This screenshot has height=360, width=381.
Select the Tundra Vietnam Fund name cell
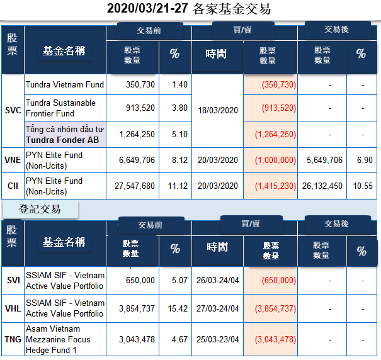coord(65,84)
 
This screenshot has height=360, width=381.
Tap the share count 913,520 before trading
coord(137,108)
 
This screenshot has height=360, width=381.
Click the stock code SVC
coord(13,110)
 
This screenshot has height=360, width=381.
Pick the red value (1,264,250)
coord(275,134)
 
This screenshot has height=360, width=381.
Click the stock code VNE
coord(13,160)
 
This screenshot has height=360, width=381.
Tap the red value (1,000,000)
coord(275,160)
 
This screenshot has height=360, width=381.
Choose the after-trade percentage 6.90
coord(361,160)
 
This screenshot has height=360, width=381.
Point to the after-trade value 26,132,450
coord(322,186)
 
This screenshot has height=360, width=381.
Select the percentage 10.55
coord(361,186)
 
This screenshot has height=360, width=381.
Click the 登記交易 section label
coord(40,209)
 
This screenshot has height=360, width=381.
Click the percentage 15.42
coord(176,308)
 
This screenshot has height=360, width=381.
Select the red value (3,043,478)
coord(275,340)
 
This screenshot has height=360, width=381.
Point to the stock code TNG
coord(13,340)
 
